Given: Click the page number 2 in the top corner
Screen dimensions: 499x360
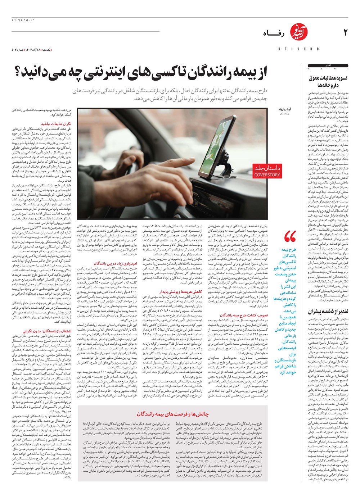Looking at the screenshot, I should tap(345, 33).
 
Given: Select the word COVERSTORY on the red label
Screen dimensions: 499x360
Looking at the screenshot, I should tap(267, 175).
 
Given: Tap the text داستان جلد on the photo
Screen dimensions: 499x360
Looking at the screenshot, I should tap(267, 168).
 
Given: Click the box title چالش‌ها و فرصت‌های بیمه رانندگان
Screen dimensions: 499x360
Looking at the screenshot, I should tap(172, 414).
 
